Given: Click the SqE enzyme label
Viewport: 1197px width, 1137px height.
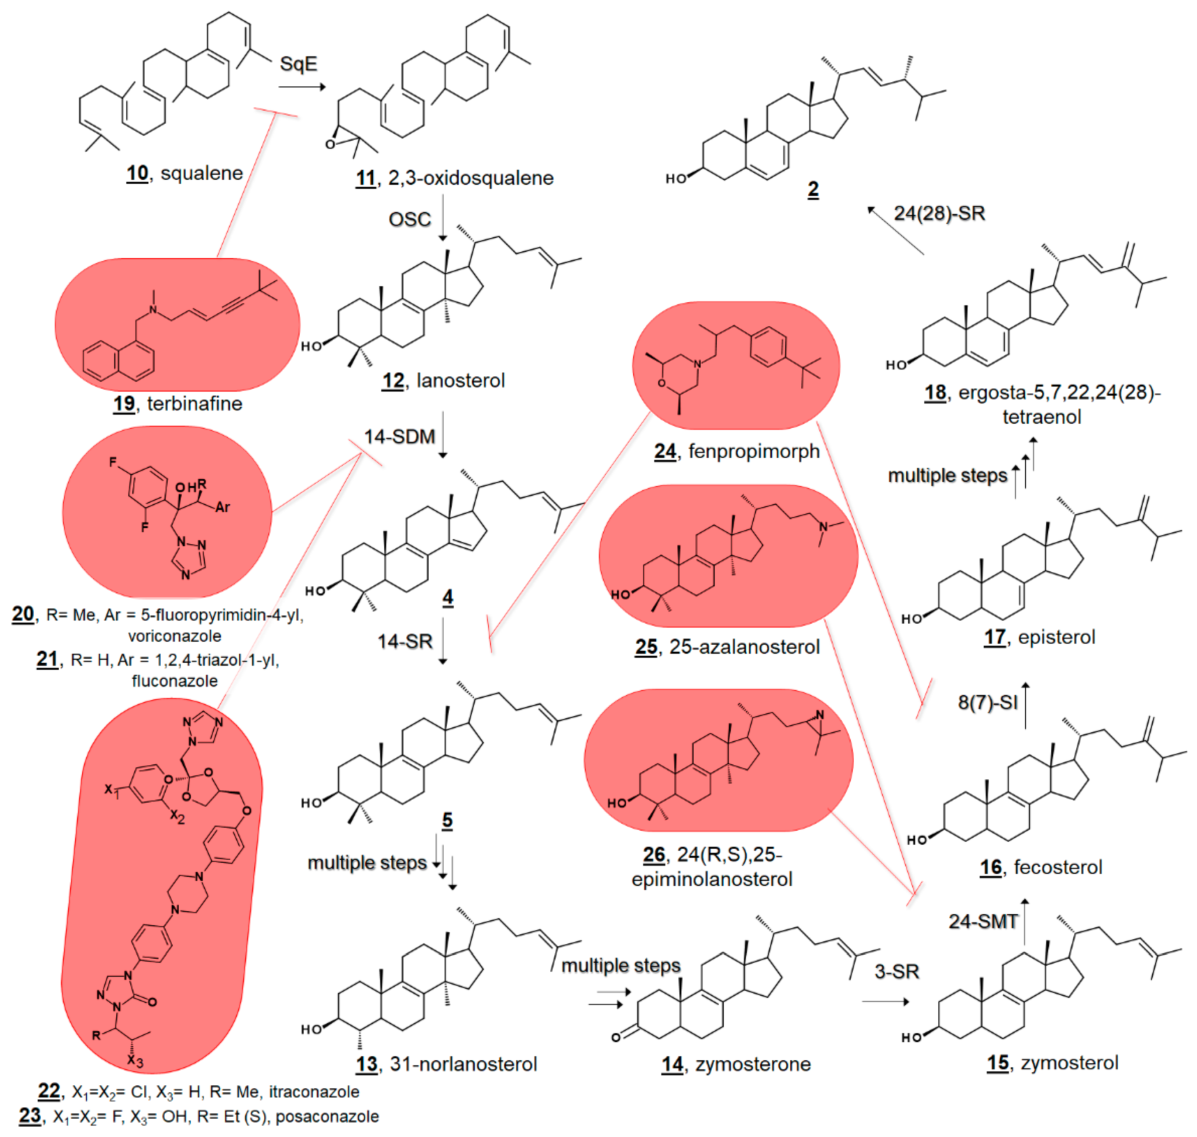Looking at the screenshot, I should [x=298, y=63].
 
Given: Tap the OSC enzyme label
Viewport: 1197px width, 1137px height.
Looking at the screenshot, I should [x=410, y=220].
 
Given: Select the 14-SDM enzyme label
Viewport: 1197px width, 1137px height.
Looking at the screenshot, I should [x=399, y=436].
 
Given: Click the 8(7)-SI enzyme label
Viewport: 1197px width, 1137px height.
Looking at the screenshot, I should [x=987, y=702].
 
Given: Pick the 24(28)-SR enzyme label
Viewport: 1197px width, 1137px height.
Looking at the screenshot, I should [x=939, y=213].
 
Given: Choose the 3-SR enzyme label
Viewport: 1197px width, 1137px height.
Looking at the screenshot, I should [x=897, y=972].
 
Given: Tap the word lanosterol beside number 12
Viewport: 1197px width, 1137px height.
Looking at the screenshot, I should [x=461, y=380].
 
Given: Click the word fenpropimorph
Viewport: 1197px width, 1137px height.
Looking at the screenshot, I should [x=754, y=452].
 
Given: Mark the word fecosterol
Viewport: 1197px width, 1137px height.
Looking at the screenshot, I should [x=1057, y=867].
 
